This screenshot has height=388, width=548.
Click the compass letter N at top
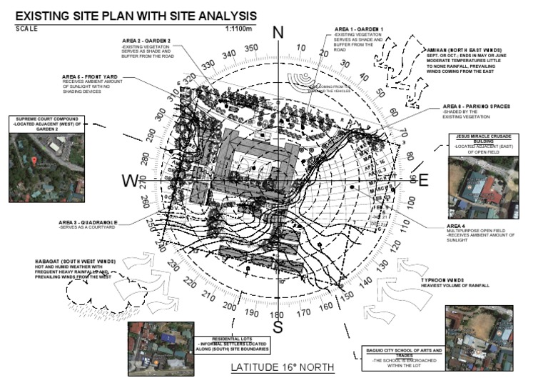pyautogui.click(x=278, y=32)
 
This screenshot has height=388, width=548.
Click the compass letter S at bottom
pyautogui.click(x=278, y=327)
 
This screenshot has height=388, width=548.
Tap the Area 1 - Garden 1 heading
pyautogui.click(x=359, y=29)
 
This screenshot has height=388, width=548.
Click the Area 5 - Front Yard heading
pyautogui.click(x=88, y=76)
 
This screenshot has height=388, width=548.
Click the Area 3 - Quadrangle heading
pyautogui.click(x=88, y=222)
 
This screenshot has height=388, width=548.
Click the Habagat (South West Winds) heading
pyautogui.click(x=70, y=261)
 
